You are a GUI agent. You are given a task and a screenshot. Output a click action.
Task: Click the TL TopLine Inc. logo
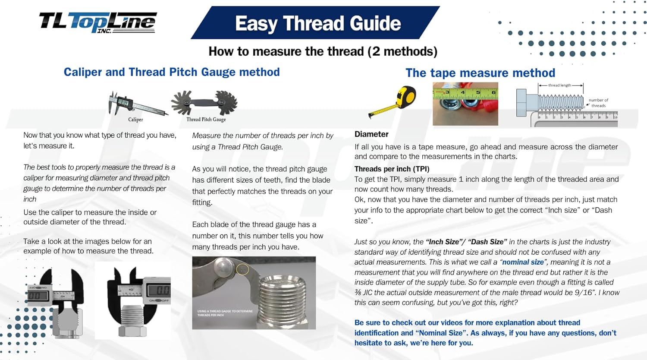[x=98, y=22]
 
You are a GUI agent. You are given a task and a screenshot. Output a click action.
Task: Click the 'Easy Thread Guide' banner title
[x=317, y=23]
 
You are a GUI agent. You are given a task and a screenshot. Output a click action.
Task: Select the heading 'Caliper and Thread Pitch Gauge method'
[x=172, y=72]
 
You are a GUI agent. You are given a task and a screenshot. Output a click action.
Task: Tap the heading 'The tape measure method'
[x=480, y=73]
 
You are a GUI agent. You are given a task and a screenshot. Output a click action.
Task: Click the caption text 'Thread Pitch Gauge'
[x=206, y=120]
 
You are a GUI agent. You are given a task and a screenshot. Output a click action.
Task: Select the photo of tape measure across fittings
[x=465, y=104]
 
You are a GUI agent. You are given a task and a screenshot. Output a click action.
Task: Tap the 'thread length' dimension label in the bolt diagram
[x=559, y=85]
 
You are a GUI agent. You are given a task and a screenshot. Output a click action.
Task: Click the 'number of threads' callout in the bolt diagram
[x=598, y=103]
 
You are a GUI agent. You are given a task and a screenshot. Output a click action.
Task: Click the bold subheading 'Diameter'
[x=371, y=134]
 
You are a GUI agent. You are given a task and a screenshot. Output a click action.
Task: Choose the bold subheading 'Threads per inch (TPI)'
[x=392, y=169]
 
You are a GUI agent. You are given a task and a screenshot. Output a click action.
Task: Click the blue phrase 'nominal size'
[x=523, y=262]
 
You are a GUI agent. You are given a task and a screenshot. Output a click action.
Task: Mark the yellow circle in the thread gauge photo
[x=243, y=270]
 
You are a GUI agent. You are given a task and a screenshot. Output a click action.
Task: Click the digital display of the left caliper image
[x=35, y=296]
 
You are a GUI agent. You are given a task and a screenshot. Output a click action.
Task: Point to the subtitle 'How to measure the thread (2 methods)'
[x=323, y=51]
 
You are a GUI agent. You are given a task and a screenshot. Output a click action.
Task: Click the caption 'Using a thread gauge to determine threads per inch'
[x=225, y=313]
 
